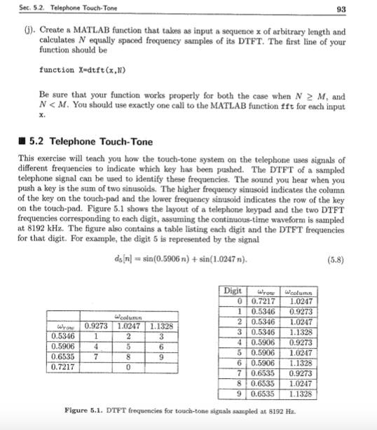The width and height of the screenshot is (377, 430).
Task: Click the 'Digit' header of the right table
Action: (x=232, y=291)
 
